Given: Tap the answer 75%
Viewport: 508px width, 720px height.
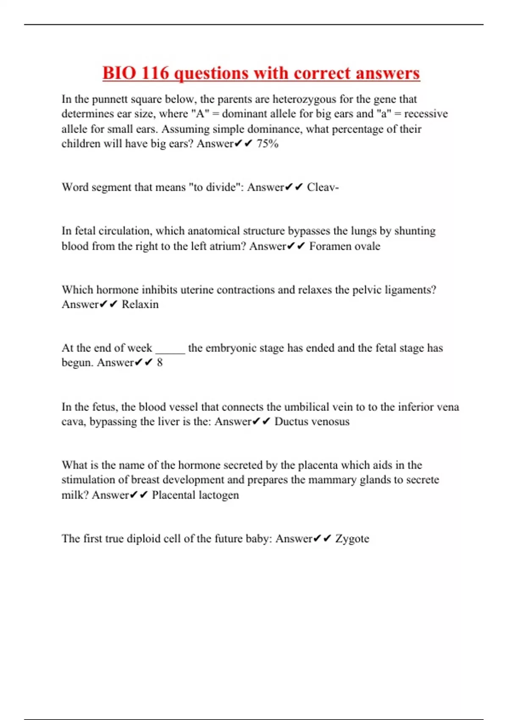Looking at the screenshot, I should [x=268, y=144].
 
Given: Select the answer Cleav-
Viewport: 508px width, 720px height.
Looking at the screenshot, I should [x=323, y=187].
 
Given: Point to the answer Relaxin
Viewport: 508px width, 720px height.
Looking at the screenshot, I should [x=140, y=305].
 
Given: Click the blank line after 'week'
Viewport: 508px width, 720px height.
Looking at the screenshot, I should [x=170, y=350].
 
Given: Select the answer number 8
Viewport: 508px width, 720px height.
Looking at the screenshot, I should [x=160, y=363].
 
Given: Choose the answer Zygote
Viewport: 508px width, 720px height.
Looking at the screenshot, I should [x=352, y=539].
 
